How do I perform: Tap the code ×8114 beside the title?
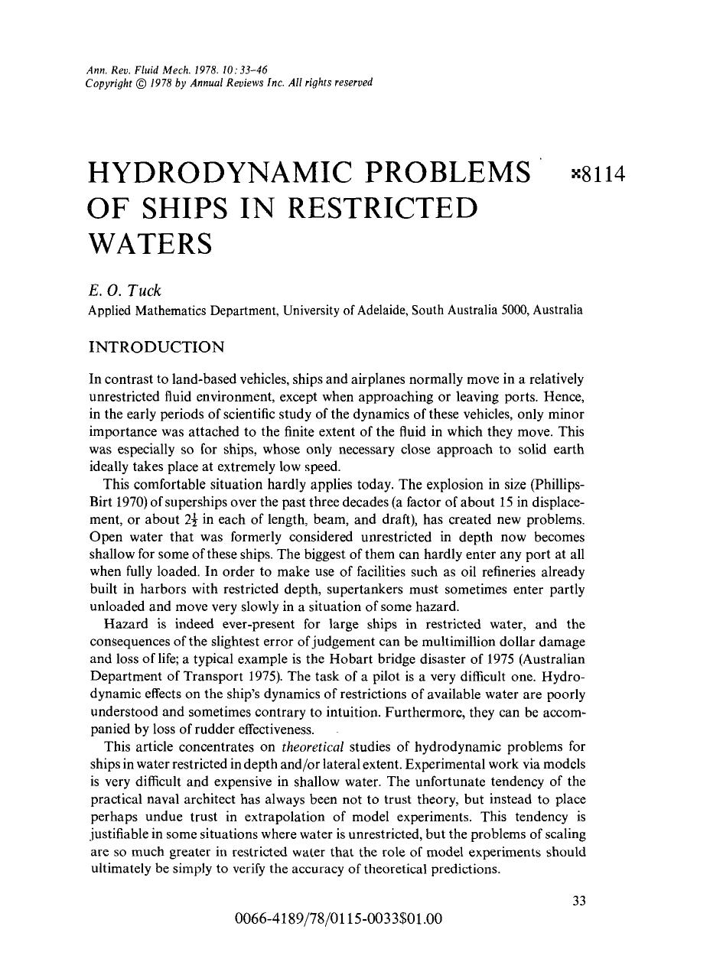pyautogui.click(x=599, y=175)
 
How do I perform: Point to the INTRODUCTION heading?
pyautogui.click(x=157, y=347)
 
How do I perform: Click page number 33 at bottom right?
pyautogui.click(x=579, y=901)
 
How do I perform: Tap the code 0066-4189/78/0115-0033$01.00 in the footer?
pyautogui.click(x=340, y=918)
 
